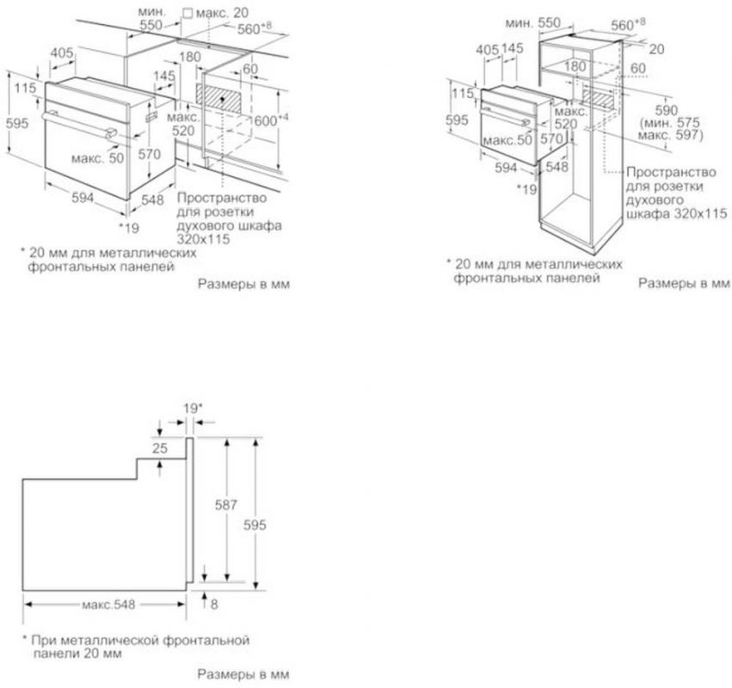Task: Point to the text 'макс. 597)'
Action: click(x=675, y=136)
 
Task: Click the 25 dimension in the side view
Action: click(x=158, y=448)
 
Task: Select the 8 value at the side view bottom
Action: click(x=214, y=605)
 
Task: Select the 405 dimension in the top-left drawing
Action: click(x=61, y=54)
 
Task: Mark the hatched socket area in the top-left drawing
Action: click(x=222, y=98)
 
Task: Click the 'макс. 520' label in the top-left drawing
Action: click(x=181, y=125)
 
